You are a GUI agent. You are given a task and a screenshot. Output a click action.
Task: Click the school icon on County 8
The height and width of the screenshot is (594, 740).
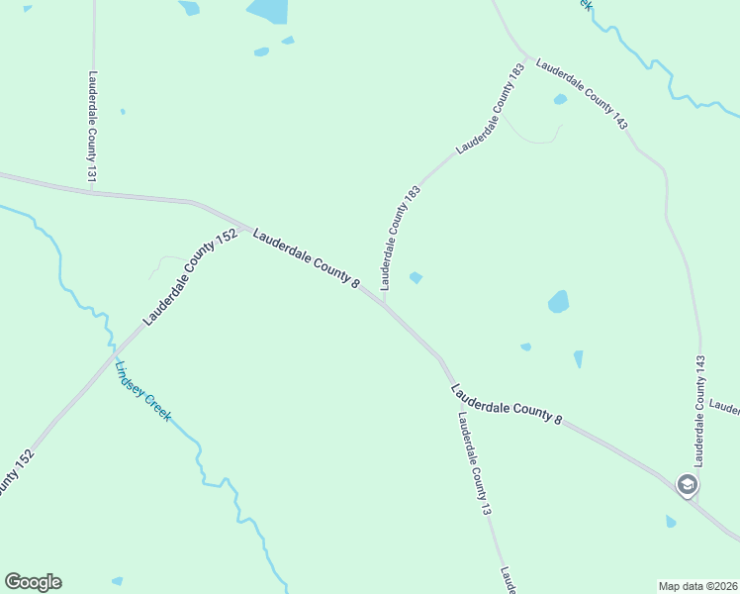click(x=688, y=485)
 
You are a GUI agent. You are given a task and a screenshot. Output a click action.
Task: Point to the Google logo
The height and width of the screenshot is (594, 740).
click(x=33, y=582)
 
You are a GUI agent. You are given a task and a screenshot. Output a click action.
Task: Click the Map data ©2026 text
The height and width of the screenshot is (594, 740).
click(x=696, y=585)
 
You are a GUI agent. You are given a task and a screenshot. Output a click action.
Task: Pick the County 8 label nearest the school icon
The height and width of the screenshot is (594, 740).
click(x=507, y=405)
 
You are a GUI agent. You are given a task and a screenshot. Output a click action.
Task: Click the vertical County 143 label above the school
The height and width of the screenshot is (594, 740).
click(x=699, y=410)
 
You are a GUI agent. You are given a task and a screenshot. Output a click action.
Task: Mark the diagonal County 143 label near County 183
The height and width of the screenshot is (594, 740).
click(x=582, y=94)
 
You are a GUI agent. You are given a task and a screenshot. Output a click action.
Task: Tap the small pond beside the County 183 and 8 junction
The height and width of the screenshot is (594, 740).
click(x=416, y=278)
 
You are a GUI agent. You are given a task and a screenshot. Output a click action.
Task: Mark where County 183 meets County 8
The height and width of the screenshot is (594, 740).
click(x=384, y=302)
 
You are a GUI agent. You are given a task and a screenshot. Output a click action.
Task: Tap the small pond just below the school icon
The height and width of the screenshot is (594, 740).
click(x=671, y=521)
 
